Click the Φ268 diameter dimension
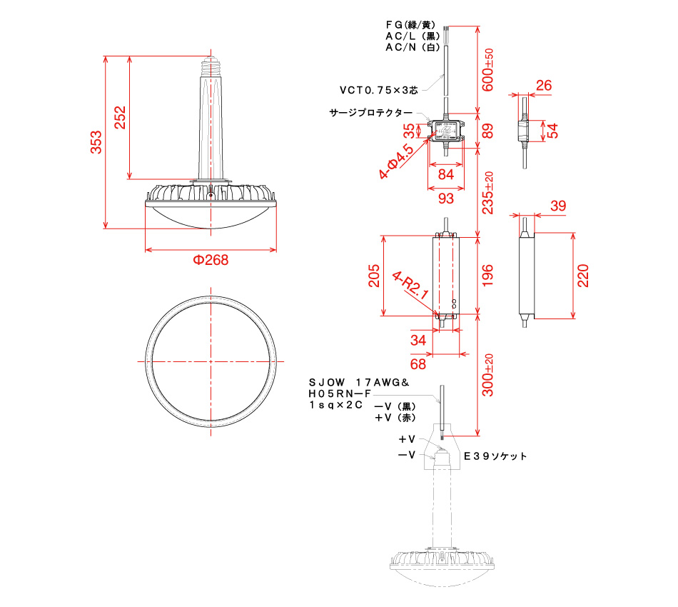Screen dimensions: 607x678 [211, 260]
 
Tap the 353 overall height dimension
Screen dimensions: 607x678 [96, 142]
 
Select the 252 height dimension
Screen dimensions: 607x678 [119, 118]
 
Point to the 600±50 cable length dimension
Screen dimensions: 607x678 [488, 69]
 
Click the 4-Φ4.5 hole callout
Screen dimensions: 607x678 [396, 161]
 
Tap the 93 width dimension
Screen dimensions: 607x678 [445, 197]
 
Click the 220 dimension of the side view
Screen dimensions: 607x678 [584, 275]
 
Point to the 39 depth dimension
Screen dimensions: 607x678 [559, 206]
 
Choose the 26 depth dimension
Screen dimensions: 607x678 [543, 86]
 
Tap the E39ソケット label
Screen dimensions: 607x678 [495, 456]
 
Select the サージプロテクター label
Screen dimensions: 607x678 [370, 113]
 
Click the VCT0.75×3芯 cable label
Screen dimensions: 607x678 [379, 90]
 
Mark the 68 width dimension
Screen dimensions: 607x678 [418, 363]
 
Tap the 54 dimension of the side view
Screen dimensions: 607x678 [552, 130]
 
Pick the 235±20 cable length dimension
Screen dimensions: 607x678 [488, 192]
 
